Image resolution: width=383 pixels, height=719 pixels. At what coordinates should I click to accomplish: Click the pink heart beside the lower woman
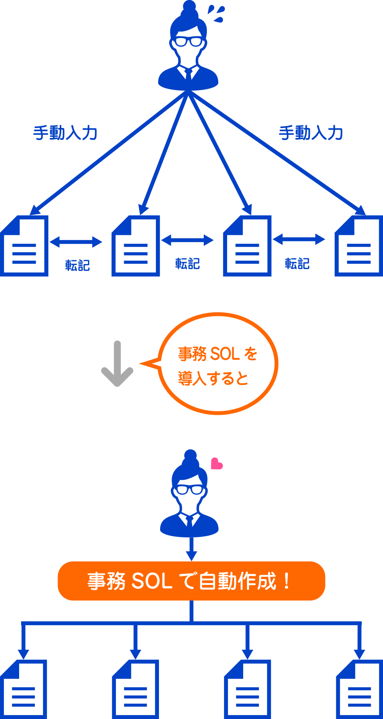216,464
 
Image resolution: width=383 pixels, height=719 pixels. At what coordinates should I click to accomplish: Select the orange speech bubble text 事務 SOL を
217,353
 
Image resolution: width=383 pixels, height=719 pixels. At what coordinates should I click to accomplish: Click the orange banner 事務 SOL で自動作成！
191,581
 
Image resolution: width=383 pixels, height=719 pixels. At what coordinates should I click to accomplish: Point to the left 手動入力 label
65,133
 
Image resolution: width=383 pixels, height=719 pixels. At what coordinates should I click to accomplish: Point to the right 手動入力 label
311,133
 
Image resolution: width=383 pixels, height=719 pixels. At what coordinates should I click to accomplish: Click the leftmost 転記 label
77,265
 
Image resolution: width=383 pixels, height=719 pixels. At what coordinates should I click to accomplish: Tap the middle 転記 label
187,264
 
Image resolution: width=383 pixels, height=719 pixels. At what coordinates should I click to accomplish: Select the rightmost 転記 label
297,264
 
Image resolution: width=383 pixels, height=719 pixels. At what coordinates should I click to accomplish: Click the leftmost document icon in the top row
25,246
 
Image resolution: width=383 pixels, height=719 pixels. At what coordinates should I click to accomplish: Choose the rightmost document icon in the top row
359,246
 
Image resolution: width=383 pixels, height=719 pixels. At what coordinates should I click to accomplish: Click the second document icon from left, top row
136,246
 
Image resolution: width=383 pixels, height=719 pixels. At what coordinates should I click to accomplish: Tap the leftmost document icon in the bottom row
24,689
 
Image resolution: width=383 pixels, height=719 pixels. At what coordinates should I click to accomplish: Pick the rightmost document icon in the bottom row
359,689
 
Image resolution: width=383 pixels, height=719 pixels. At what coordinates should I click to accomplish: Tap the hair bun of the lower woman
190,456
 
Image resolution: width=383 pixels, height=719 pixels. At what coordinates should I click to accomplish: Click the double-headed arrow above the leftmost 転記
76,242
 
